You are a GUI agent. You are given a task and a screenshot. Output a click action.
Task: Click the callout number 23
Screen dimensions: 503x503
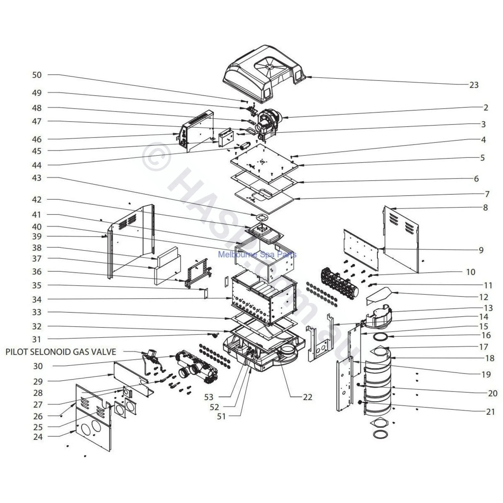pos(474,85)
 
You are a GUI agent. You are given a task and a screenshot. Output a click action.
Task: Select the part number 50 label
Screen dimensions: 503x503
pos(37,75)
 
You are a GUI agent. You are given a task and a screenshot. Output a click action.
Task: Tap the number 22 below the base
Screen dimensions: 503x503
pos(307,397)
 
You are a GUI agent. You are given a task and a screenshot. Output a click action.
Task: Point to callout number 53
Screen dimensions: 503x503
pos(209,397)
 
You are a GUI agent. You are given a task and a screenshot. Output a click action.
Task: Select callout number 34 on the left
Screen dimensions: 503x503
pos(37,299)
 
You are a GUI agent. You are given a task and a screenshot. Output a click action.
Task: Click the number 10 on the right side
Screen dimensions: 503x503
pos(470,272)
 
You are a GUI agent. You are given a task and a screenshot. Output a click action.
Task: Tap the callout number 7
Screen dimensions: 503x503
pos(487,194)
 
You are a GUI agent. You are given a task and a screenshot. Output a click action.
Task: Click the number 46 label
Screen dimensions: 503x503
pos(37,139)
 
